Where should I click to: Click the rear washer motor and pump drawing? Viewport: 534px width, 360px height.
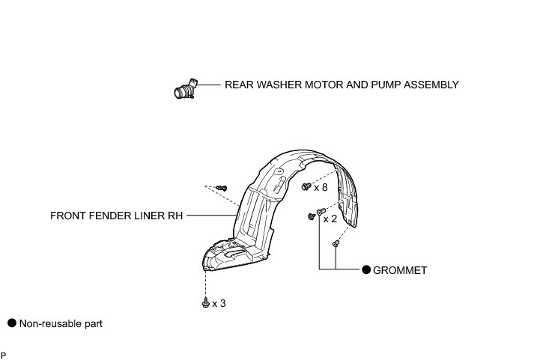click(x=183, y=91)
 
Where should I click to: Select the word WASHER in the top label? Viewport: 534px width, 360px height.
click(x=278, y=85)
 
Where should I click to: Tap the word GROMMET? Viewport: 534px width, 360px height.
click(x=401, y=269)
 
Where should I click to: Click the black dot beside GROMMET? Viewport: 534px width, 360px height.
click(x=367, y=269)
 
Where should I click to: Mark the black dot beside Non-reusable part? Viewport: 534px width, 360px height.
click(x=11, y=323)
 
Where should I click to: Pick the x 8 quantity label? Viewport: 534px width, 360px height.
click(x=321, y=187)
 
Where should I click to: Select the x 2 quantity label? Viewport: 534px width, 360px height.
click(x=330, y=219)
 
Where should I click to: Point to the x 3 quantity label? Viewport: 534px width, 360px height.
click(x=219, y=303)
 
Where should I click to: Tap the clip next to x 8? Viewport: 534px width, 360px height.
click(x=306, y=186)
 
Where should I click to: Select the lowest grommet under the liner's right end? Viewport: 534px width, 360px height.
click(x=336, y=243)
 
